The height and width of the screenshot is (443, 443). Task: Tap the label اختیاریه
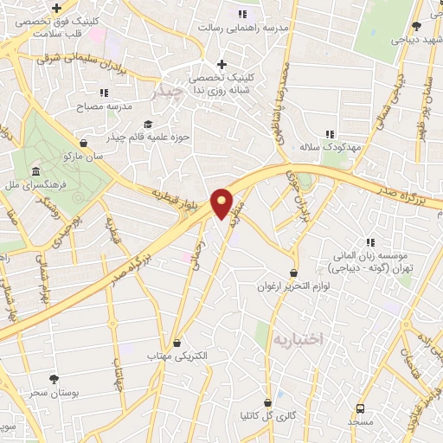coord(297,339)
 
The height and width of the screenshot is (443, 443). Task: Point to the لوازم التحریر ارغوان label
coord(296,286)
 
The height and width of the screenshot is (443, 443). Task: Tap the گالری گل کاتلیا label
coord(268,414)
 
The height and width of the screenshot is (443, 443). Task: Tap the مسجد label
coord(359,421)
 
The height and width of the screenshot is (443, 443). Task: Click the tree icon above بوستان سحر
coord(55,379)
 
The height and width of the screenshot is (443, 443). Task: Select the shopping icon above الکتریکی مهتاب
coord(177,343)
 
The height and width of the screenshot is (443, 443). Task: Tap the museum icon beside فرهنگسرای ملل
coord(35,171)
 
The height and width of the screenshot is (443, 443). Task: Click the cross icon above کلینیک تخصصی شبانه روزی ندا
coord(222,64)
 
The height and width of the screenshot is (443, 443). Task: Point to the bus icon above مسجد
coord(359,408)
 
